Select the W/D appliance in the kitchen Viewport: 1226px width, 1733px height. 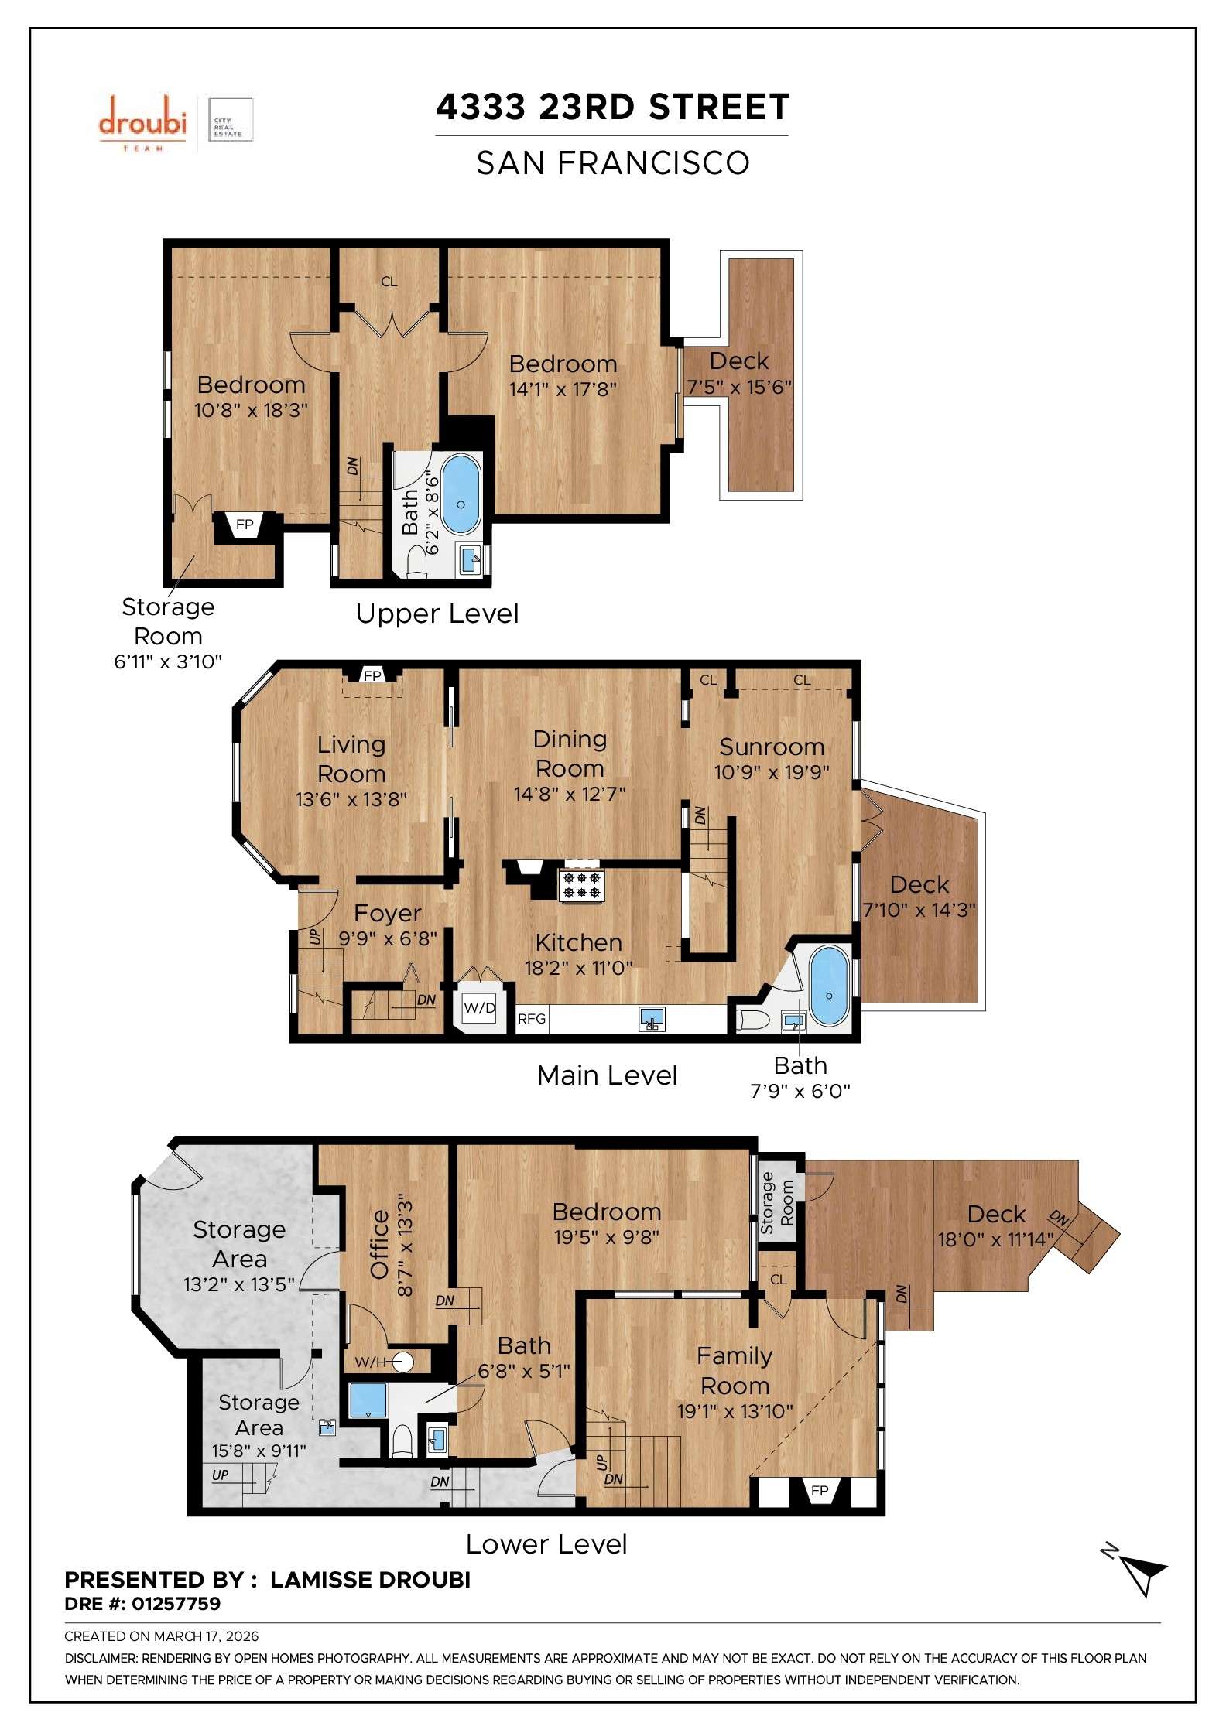[478, 1008]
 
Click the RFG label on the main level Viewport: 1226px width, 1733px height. [532, 1019]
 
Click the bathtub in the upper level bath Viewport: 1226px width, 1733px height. [461, 494]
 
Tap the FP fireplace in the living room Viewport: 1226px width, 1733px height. [372, 675]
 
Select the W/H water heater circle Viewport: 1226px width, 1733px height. [402, 1362]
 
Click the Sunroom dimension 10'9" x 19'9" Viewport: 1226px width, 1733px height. [771, 772]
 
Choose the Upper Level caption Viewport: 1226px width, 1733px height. [437, 614]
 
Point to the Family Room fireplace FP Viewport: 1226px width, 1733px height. [820, 1490]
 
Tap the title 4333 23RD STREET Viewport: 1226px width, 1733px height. [612, 108]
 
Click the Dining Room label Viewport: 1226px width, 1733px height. [570, 754]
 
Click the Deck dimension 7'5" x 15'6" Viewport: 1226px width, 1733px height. [739, 387]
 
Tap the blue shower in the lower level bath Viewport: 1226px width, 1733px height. [367, 1400]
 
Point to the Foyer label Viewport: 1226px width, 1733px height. [387, 914]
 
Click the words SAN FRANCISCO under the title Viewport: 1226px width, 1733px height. [612, 163]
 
